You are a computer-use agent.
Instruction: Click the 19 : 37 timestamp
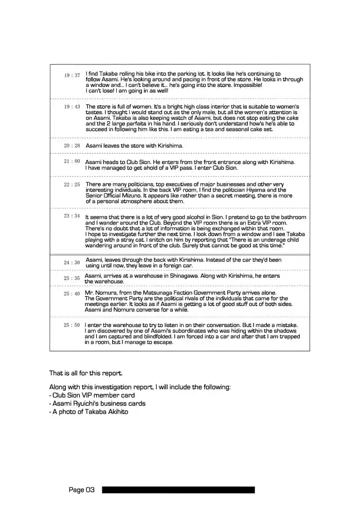[x=72, y=76]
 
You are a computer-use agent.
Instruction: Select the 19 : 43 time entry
[x=72, y=106]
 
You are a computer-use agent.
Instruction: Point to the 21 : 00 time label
[x=72, y=161]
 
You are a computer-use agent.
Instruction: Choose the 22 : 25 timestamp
[x=72, y=184]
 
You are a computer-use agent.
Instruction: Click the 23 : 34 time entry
[x=72, y=216]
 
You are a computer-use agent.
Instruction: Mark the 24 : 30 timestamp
[x=72, y=263]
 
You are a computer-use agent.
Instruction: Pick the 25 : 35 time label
[x=72, y=278]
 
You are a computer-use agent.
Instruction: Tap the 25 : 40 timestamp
[x=72, y=294]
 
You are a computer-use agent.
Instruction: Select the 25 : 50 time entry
[x=72, y=325]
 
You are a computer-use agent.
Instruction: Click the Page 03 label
[x=82, y=490]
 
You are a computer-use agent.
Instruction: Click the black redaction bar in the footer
[x=178, y=490]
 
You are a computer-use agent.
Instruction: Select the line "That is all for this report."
[x=86, y=373]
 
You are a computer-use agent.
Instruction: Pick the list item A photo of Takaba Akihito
[x=88, y=412]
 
